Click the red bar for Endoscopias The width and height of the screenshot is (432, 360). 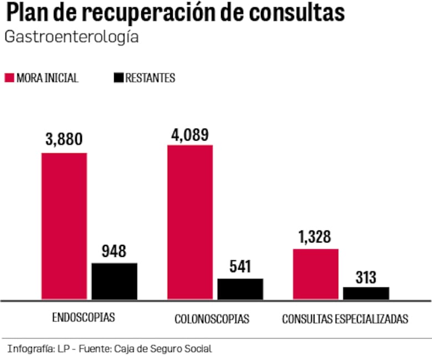click(x=64, y=226)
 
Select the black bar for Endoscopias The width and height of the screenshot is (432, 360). click(x=114, y=281)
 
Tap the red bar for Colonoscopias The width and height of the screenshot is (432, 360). click(x=190, y=222)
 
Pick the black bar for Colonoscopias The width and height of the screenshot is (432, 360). click(x=240, y=289)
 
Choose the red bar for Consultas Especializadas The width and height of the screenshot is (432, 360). click(x=316, y=274)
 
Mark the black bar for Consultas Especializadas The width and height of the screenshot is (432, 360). click(x=366, y=294)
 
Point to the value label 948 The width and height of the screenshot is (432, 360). click(x=114, y=251)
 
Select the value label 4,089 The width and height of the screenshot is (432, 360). click(x=190, y=134)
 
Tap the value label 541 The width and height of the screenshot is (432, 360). click(x=240, y=267)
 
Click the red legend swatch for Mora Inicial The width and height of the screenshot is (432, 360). click(x=9, y=78)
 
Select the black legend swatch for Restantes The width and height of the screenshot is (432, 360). click(x=118, y=78)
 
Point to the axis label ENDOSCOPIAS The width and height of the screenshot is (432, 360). click(x=83, y=318)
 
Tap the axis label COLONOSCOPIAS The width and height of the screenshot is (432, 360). click(x=212, y=319)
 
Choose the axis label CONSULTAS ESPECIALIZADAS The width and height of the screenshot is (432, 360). click(x=345, y=319)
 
